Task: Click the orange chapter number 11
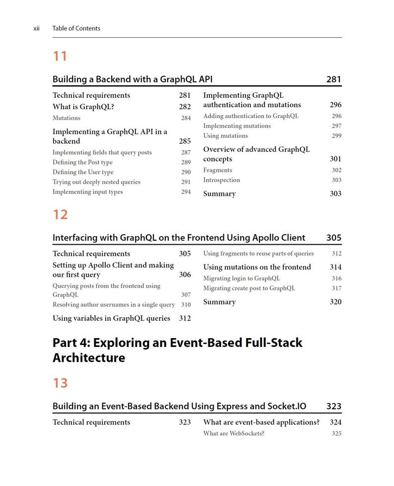click(x=60, y=56)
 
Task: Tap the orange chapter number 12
click(x=60, y=214)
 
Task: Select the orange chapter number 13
click(x=60, y=383)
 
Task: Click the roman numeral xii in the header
click(x=36, y=28)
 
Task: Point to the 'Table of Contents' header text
click(x=76, y=28)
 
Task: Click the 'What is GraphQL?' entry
click(x=83, y=107)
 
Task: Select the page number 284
click(x=186, y=118)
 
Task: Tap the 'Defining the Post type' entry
click(x=82, y=162)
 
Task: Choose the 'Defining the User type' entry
click(x=83, y=172)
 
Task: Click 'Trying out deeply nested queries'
click(x=96, y=182)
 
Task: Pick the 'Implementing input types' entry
click(x=87, y=192)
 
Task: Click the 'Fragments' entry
click(x=217, y=170)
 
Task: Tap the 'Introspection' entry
click(x=221, y=180)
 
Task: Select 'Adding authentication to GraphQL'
click(x=251, y=116)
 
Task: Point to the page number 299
click(x=336, y=136)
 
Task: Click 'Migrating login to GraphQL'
click(x=241, y=278)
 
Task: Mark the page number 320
click(x=335, y=302)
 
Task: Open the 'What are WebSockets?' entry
click(x=234, y=433)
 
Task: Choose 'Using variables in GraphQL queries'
click(x=111, y=318)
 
